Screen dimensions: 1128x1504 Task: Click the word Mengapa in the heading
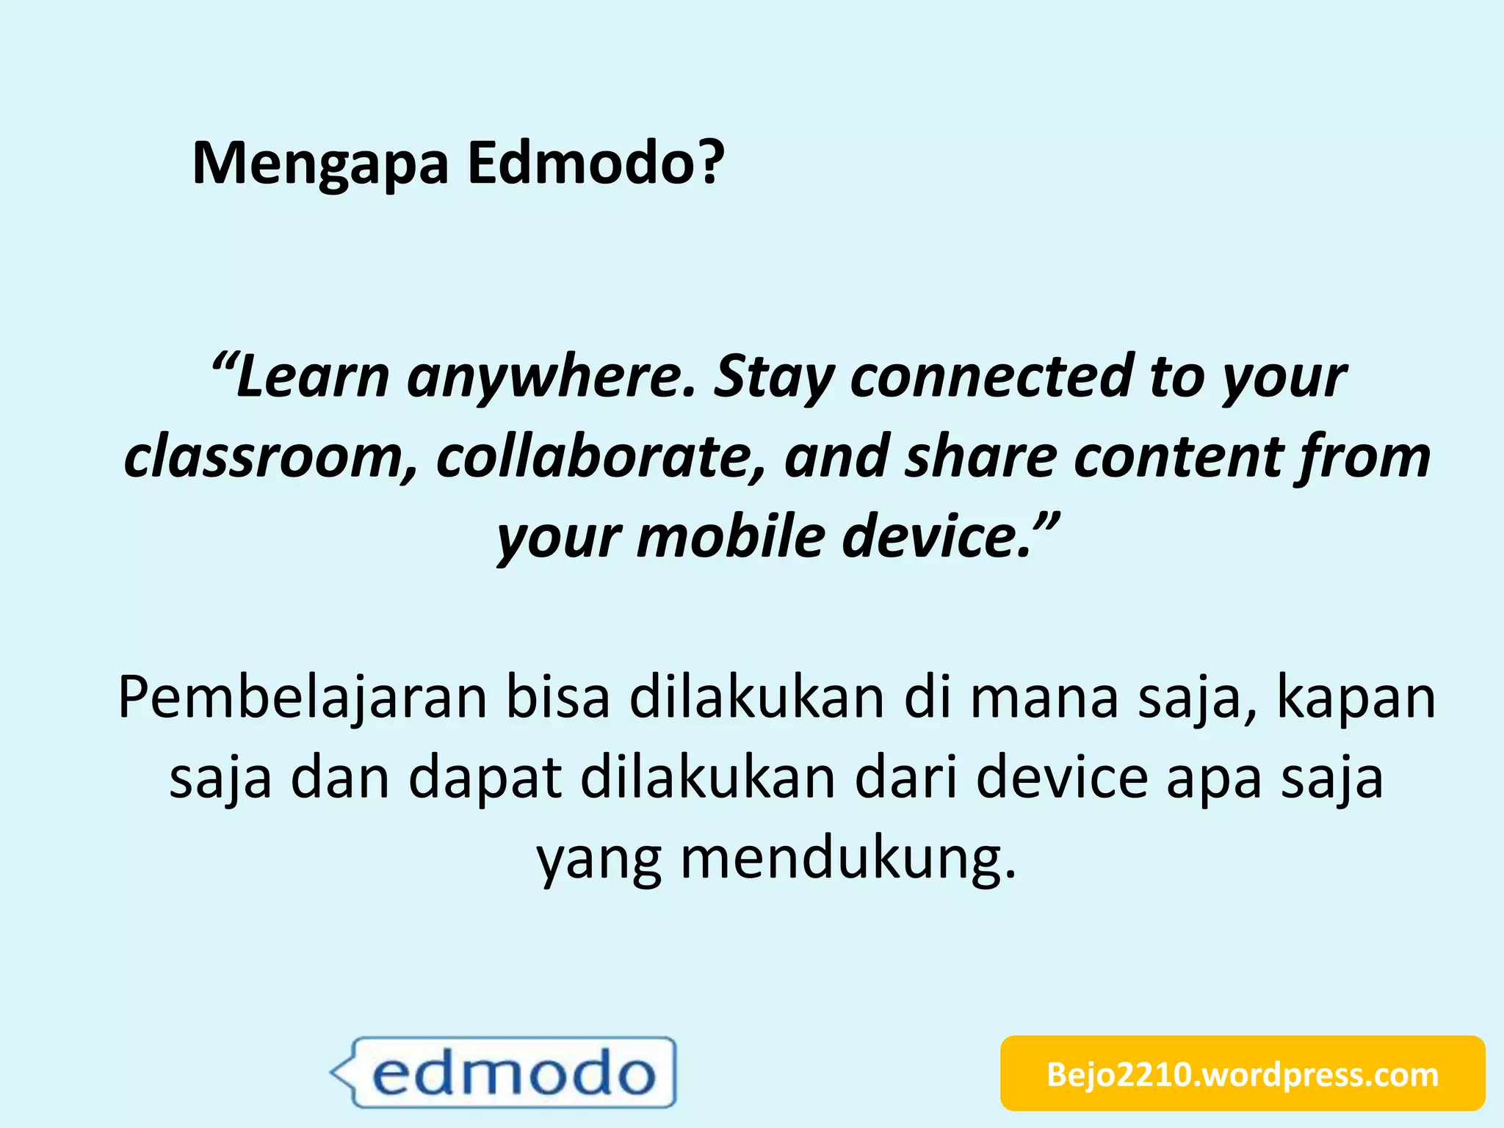point(320,164)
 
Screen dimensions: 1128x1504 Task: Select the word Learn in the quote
point(311,377)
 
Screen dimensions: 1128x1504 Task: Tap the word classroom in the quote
point(269,458)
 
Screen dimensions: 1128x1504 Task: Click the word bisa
point(557,698)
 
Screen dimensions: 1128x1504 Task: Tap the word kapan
point(1356,698)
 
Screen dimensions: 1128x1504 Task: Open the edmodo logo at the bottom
point(504,1072)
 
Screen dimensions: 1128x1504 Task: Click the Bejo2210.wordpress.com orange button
point(1243,1074)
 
